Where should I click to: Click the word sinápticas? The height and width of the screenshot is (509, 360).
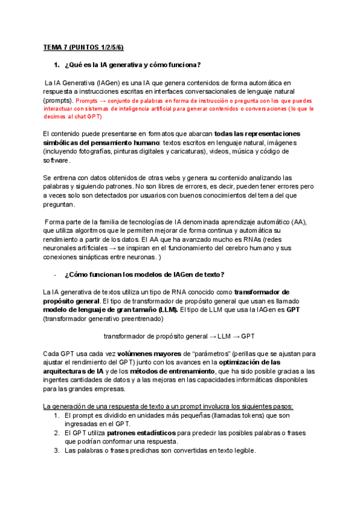pos(97,248)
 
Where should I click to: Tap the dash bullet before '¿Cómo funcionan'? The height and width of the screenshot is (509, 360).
pos(55,275)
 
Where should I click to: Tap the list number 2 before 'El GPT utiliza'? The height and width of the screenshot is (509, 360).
pos(56,432)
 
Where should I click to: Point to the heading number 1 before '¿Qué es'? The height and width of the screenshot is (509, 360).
pos(56,65)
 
